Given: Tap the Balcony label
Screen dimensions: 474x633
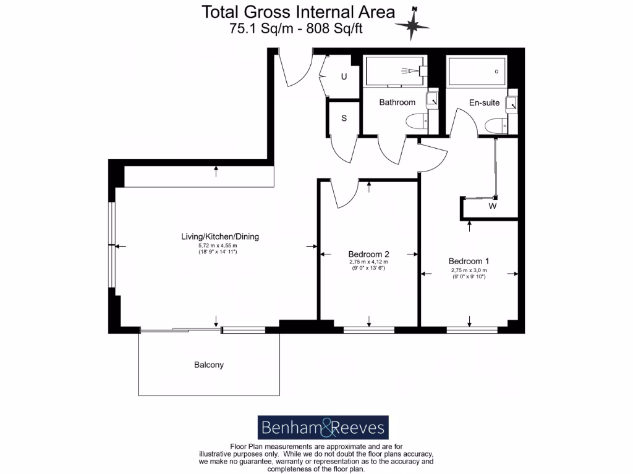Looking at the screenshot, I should tap(209, 365).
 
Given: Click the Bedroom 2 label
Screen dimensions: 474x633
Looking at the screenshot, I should tap(368, 254).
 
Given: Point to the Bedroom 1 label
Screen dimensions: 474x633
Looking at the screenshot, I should tap(469, 261).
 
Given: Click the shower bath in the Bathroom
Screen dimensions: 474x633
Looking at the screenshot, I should tap(395, 72).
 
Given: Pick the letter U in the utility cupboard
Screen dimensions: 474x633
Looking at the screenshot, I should tap(344, 77).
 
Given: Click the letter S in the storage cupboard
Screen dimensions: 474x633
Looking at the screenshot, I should tap(344, 118).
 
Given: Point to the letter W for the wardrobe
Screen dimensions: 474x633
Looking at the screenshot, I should tap(493, 206).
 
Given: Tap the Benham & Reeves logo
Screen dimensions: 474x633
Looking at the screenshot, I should tap(323, 428).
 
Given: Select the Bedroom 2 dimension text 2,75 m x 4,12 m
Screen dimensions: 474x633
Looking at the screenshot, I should tap(368, 262).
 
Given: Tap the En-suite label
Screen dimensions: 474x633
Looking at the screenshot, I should tap(484, 102).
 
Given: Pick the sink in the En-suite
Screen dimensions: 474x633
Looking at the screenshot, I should tap(511, 104).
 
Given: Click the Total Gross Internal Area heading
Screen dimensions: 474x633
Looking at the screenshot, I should tap(299, 12).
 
